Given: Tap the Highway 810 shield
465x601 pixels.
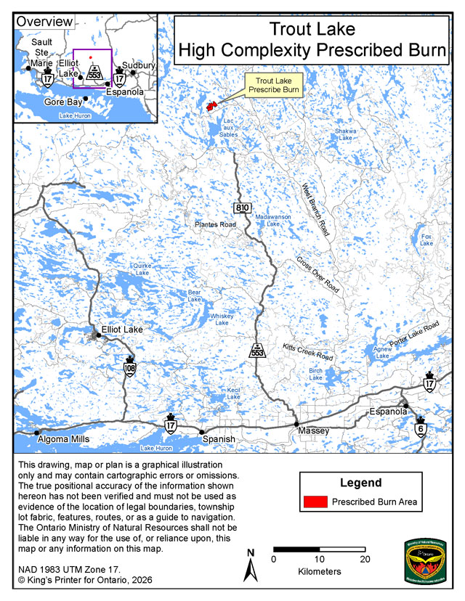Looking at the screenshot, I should tap(242, 208).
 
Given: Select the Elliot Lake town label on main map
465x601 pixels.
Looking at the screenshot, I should tap(122, 330).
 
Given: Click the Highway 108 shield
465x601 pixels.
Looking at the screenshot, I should tap(130, 366).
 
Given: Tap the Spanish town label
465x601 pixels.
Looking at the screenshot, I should tap(218, 439).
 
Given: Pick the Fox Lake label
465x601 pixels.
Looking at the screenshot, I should tap(426, 239).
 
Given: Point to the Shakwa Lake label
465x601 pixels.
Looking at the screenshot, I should tap(344, 134).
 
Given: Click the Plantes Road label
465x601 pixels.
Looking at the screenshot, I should tap(216, 225).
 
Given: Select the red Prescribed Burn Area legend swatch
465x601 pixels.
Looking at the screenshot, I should tap(315, 501).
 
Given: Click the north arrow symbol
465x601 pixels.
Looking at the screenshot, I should tap(251, 564).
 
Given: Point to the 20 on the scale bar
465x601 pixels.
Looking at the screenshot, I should tap(365, 559).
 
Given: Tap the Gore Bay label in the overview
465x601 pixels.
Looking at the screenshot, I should tap(60, 103).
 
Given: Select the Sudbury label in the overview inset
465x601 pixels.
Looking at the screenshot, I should tap(139, 65).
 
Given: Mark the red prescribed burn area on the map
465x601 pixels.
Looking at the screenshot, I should tap(212, 106).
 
